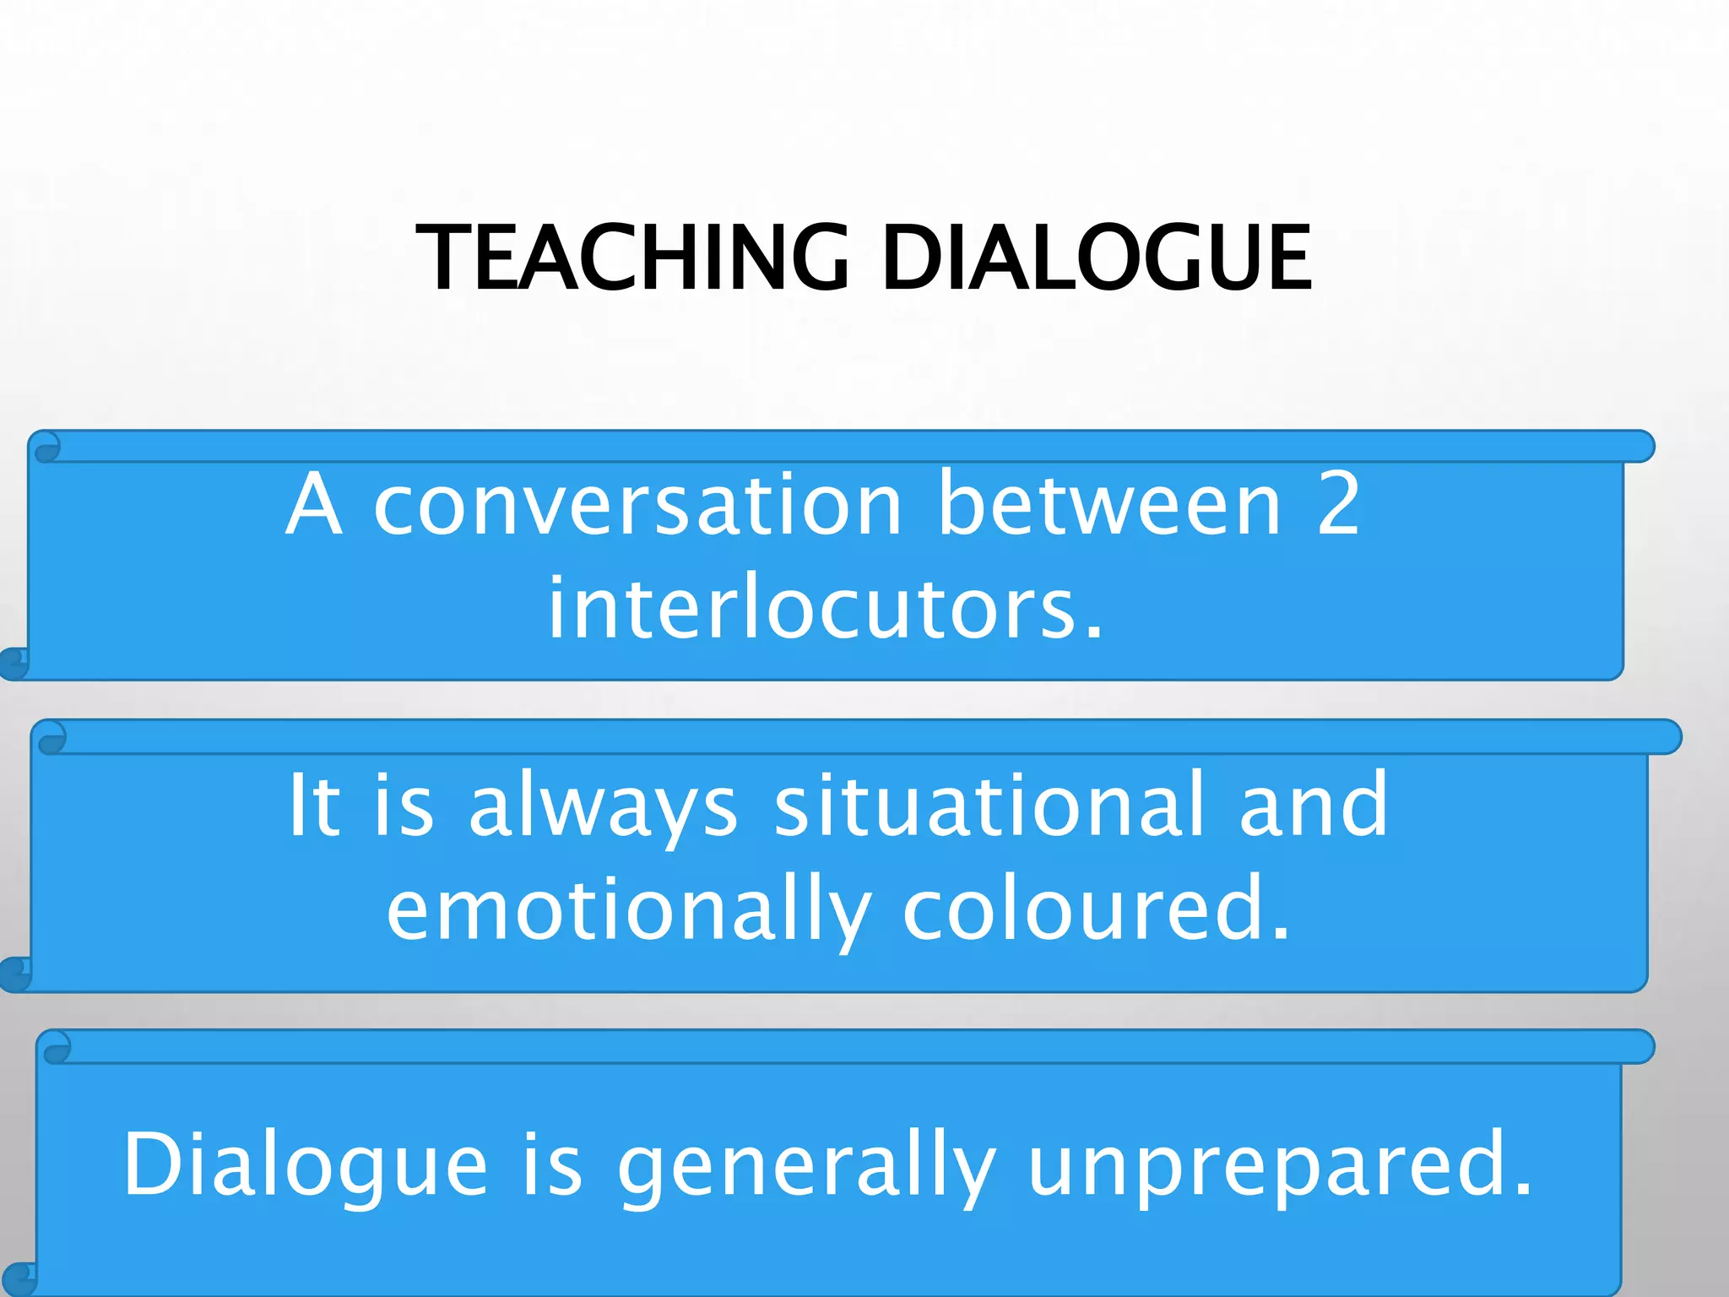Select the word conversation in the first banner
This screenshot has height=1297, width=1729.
coord(638,504)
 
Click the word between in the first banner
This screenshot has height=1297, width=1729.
coord(1109,504)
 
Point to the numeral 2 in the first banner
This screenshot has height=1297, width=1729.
coord(1338,504)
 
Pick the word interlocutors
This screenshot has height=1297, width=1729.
coord(826,608)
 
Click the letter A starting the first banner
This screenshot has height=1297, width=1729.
coord(314,504)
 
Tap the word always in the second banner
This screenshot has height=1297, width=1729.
coord(603,806)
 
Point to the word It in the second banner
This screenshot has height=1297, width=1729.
coord(314,806)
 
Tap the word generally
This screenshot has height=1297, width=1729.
coord(807,1165)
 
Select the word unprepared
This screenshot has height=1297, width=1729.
coord(1278,1165)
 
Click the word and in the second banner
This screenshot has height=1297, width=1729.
coord(1314,806)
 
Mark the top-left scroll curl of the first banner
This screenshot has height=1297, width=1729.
coord(46,447)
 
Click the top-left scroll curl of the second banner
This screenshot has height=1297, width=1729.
coord(51,737)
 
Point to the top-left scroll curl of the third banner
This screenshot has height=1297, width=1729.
coord(56,1048)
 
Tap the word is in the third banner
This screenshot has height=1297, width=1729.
coord(552,1165)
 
